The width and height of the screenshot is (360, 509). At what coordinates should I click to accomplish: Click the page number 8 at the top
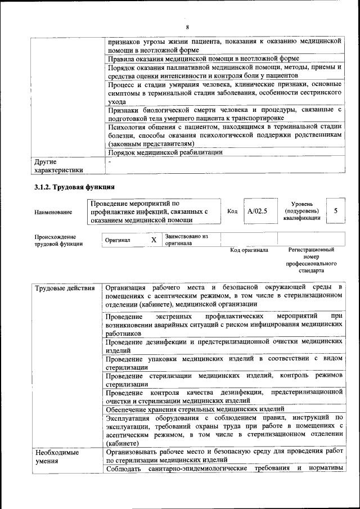pos(187,28)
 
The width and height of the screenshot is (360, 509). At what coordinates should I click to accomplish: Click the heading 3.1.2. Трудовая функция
pos(74,187)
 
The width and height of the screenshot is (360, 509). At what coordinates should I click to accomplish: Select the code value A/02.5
pos(257,211)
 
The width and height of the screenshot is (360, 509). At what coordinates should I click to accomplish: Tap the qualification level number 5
pos(336,211)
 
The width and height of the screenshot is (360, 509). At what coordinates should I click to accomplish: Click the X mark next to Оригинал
pos(154,240)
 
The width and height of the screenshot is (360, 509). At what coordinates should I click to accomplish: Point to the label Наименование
pos(53,212)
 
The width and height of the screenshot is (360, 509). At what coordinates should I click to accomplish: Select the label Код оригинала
pos(249,250)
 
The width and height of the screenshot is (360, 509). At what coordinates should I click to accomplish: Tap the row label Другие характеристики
pos(58,166)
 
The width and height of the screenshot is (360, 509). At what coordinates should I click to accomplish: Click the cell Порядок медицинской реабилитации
pos(165,152)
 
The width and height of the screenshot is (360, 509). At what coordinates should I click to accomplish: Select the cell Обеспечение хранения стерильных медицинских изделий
pos(198,409)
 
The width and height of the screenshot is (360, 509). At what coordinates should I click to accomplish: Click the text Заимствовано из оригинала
pos(186,240)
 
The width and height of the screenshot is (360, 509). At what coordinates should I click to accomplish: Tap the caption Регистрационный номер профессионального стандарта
pos(311,260)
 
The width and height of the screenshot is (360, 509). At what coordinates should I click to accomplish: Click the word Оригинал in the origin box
pos(118,240)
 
